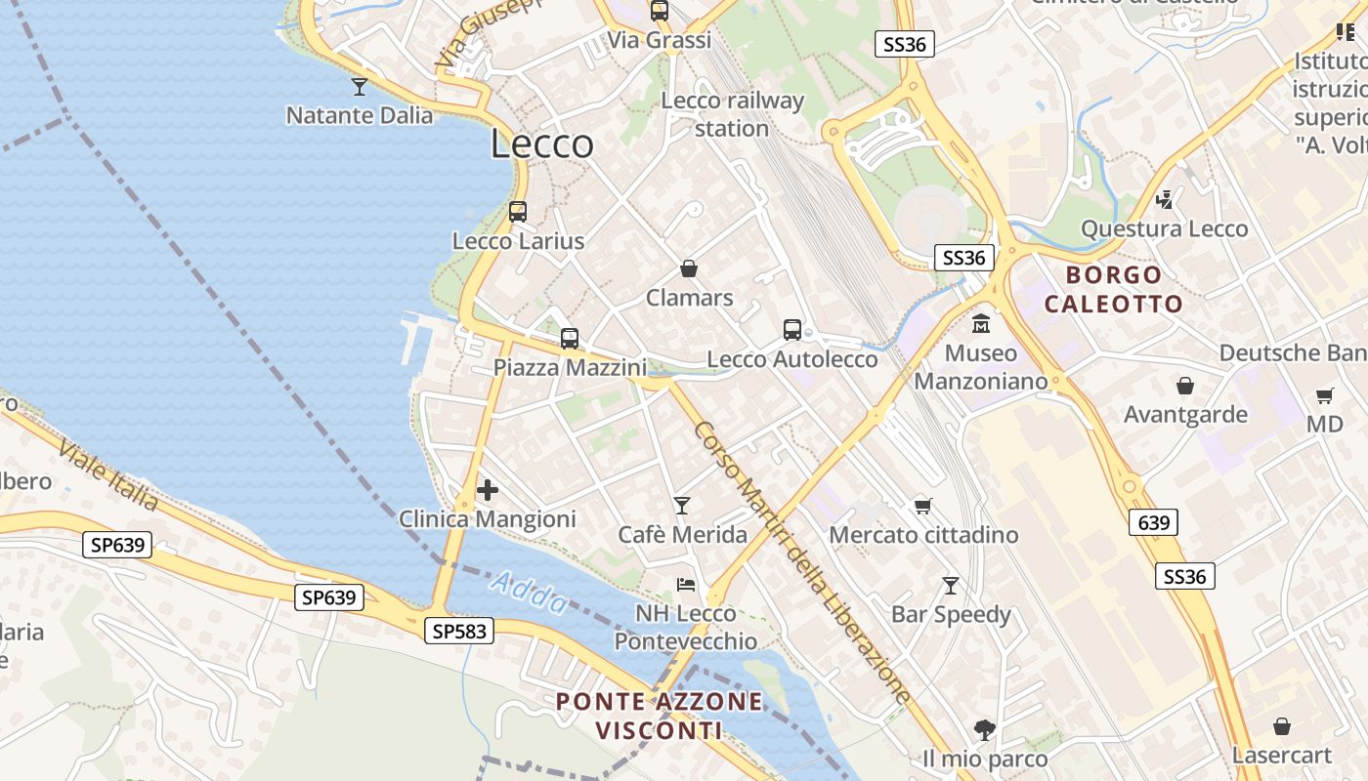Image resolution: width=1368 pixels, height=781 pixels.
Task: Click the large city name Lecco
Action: [x=541, y=144]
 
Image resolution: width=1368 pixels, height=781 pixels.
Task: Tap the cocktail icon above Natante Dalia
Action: [x=360, y=87]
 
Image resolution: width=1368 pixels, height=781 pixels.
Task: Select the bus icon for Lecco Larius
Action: [x=518, y=211]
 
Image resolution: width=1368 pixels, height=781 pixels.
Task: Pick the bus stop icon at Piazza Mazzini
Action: [x=570, y=339]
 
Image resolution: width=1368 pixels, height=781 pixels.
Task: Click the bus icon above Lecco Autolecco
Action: [x=792, y=330]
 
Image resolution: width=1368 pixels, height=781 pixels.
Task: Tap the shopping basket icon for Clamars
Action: [x=689, y=268]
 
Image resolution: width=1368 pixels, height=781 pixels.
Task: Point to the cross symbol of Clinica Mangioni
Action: [x=488, y=489]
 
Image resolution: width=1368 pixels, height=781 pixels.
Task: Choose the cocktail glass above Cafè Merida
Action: [x=682, y=505]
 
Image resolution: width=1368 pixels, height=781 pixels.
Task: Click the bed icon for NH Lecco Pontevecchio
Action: [x=686, y=584]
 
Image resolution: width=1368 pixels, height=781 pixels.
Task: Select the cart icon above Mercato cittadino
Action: [x=922, y=505]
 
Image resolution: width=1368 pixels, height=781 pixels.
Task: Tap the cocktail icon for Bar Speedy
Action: [x=950, y=585]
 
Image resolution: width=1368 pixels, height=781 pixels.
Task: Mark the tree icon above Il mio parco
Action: [x=984, y=729]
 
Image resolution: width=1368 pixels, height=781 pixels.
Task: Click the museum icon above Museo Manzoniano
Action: [x=981, y=323]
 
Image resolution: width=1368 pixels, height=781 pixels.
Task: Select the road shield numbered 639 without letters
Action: [x=1153, y=522]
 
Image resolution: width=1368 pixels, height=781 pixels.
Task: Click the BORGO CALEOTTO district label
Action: [x=1114, y=289]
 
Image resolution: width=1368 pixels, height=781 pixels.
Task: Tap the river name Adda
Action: [x=528, y=594]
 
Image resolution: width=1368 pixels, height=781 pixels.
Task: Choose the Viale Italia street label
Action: [x=107, y=475]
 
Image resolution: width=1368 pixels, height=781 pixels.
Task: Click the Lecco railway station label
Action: [x=732, y=114]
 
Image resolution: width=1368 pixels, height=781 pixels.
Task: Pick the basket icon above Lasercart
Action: [x=1282, y=726]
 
